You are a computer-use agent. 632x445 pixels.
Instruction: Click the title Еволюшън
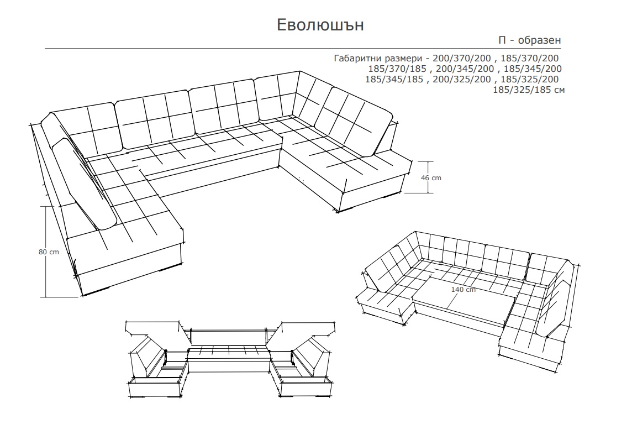point(320,25)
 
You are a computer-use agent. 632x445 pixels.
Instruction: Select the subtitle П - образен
point(530,40)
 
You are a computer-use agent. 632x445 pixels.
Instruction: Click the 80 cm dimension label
point(49,252)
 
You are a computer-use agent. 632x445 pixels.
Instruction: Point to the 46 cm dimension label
point(431,178)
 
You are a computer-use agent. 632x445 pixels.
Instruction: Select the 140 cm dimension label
point(463,290)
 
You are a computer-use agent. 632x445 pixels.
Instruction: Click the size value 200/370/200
point(462,59)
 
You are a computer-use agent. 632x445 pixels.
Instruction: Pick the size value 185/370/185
point(397,69)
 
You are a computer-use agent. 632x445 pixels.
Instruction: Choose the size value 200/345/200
point(465,69)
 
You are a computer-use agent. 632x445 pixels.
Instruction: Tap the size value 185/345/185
point(394,80)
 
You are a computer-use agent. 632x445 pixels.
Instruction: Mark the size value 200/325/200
point(462,80)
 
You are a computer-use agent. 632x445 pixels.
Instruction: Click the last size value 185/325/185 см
point(529,90)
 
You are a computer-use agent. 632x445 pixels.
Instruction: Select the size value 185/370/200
point(530,59)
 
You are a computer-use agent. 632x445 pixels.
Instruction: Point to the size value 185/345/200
point(533,69)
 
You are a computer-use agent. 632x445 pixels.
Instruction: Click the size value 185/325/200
point(530,80)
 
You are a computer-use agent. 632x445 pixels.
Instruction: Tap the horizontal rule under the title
point(303,49)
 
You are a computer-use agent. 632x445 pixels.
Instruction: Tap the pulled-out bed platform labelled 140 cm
point(464,299)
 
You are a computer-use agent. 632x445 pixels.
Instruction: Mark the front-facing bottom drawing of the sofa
point(230,359)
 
